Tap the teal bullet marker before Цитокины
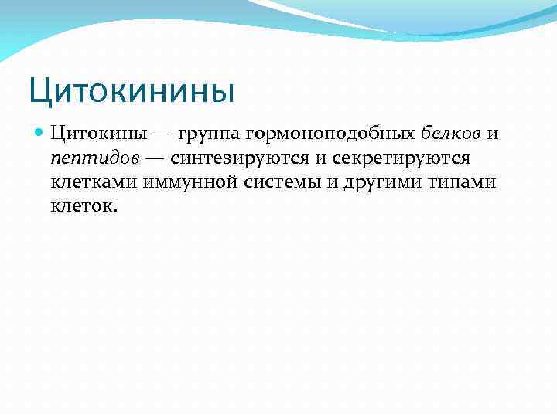click(x=41, y=133)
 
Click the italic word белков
click(x=450, y=134)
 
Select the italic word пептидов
click(x=97, y=158)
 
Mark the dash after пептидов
click(x=156, y=158)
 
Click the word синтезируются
click(x=236, y=158)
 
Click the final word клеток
click(x=84, y=207)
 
